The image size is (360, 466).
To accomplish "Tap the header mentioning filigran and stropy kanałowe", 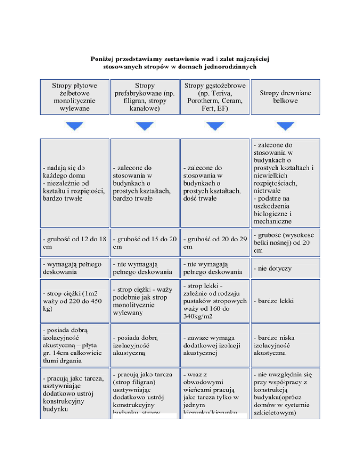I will (x=144, y=97).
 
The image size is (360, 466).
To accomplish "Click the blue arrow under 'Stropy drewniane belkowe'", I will (x=282, y=126).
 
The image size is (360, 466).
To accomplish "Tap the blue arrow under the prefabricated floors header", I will (x=144, y=126).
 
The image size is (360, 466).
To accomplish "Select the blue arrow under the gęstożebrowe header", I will (x=213, y=126).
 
